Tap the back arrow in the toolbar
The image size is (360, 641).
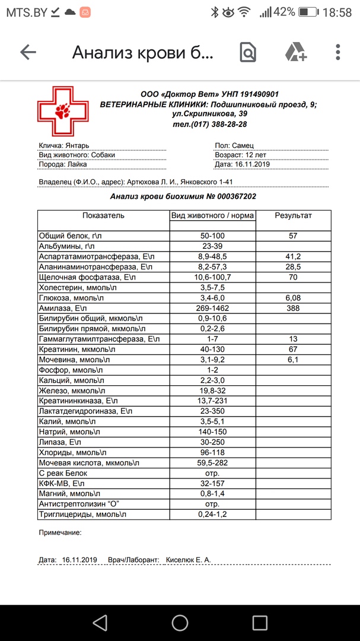point(28,52)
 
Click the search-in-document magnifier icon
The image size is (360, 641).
point(248,52)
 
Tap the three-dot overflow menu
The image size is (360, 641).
point(338,52)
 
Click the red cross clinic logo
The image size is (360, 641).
point(62,110)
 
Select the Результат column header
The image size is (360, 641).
point(293,215)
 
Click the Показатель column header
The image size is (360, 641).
point(103,215)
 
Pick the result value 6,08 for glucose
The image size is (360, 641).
point(293,297)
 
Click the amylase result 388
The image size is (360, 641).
point(293,308)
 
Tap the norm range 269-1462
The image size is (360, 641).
point(212,308)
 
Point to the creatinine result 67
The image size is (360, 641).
point(293,349)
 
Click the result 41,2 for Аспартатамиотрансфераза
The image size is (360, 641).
point(293,256)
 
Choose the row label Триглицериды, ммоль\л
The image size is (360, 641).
point(82,514)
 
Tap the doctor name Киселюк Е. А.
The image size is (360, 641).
point(188,560)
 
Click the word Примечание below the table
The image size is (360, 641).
point(60,532)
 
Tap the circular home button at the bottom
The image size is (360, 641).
point(180,621)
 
